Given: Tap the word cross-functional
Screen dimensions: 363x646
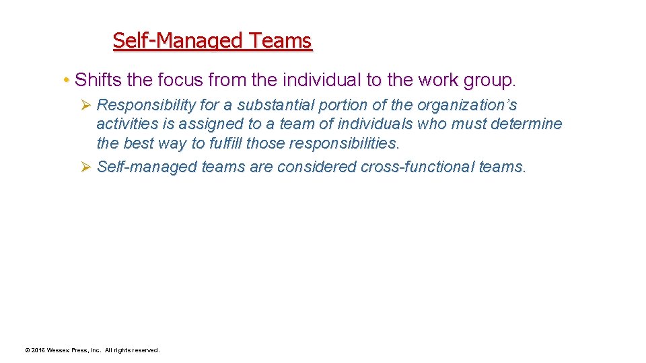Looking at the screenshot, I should pyautogui.click(x=418, y=167).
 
